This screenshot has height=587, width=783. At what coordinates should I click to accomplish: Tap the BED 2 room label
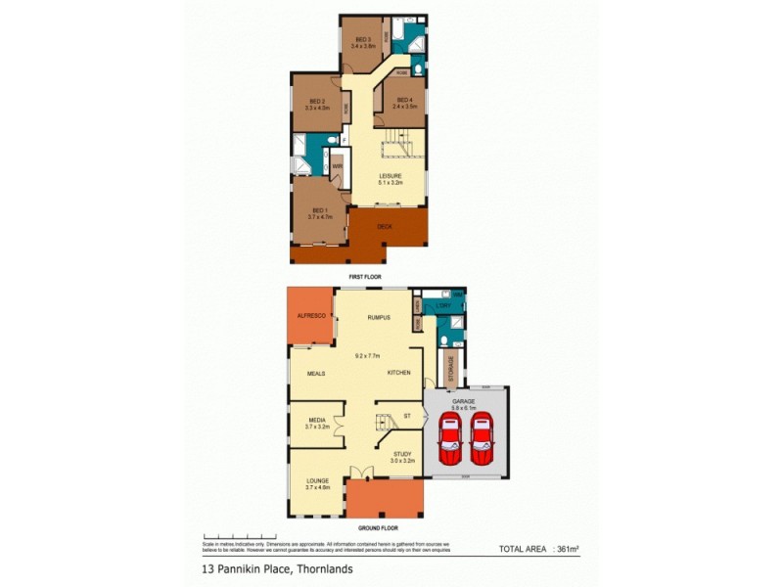[x=316, y=102]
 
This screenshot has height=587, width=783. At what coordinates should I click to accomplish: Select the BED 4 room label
[x=404, y=102]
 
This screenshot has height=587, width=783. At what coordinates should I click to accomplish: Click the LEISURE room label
[x=391, y=177]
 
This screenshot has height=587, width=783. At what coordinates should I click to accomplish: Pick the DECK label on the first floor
[x=386, y=226]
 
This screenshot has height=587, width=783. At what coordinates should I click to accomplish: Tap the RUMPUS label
[x=379, y=318]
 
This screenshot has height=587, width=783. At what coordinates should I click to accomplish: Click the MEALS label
[x=315, y=373]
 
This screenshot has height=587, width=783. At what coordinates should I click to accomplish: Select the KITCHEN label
[x=397, y=373]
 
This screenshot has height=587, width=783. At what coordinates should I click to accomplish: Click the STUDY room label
[x=401, y=454]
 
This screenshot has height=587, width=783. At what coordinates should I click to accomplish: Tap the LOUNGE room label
[x=317, y=481]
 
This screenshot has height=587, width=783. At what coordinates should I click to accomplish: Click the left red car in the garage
[x=449, y=440]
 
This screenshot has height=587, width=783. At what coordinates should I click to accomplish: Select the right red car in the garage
[x=482, y=440]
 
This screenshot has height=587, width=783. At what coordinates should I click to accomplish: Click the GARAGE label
[x=464, y=401]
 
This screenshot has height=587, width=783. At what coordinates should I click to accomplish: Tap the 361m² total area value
[x=567, y=549]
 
